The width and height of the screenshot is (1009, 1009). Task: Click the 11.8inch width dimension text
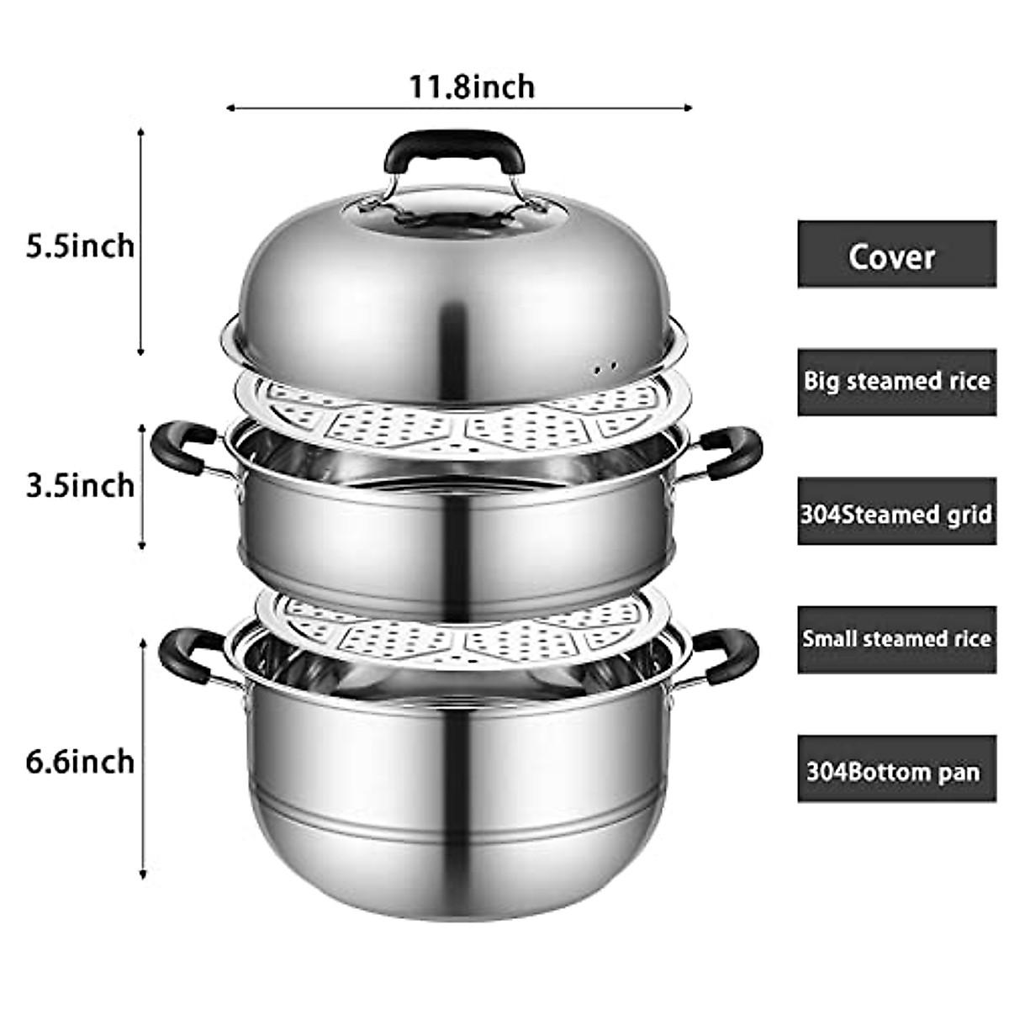coord(472,86)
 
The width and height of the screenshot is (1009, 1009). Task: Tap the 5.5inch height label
coord(80,246)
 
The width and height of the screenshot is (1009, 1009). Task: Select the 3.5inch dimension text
coord(80,485)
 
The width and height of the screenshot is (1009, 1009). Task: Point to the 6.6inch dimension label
coord(80,761)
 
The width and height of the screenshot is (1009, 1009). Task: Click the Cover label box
coord(896,255)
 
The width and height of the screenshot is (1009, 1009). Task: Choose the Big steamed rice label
coord(896,383)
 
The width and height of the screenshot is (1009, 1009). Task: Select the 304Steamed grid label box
coord(896,512)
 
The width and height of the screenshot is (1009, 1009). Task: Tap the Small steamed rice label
coord(896,639)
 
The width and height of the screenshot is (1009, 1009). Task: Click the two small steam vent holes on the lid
coord(604,367)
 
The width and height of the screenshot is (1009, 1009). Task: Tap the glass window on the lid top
coord(455,214)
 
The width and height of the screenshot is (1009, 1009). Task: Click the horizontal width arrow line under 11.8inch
coord(458,108)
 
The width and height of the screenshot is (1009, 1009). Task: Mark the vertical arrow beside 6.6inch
coord(143,757)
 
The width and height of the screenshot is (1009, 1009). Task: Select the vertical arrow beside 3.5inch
coord(142,486)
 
